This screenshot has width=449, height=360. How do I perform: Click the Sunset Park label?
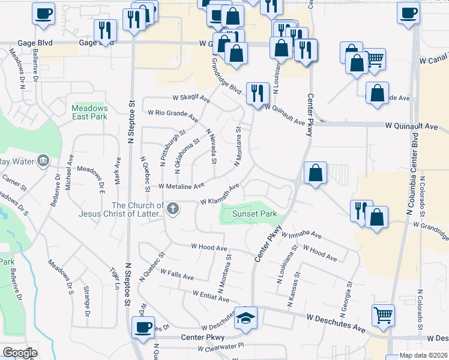pyautogui.click(x=250, y=214)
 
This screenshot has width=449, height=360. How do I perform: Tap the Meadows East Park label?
pyautogui.click(x=89, y=112)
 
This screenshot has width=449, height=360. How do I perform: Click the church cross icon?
pyautogui.click(x=173, y=209)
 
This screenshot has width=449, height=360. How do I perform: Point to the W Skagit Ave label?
pyautogui.click(x=191, y=98)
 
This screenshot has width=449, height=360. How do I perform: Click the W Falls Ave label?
pyautogui.click(x=176, y=277)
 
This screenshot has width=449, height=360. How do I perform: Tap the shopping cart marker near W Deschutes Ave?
pyautogui.click(x=384, y=314)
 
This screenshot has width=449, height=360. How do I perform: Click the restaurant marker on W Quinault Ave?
pyautogui.click(x=258, y=92)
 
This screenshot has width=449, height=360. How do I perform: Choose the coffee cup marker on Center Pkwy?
pyautogui.click(x=143, y=327)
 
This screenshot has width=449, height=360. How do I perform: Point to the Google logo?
pyautogui.click(x=19, y=353)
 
